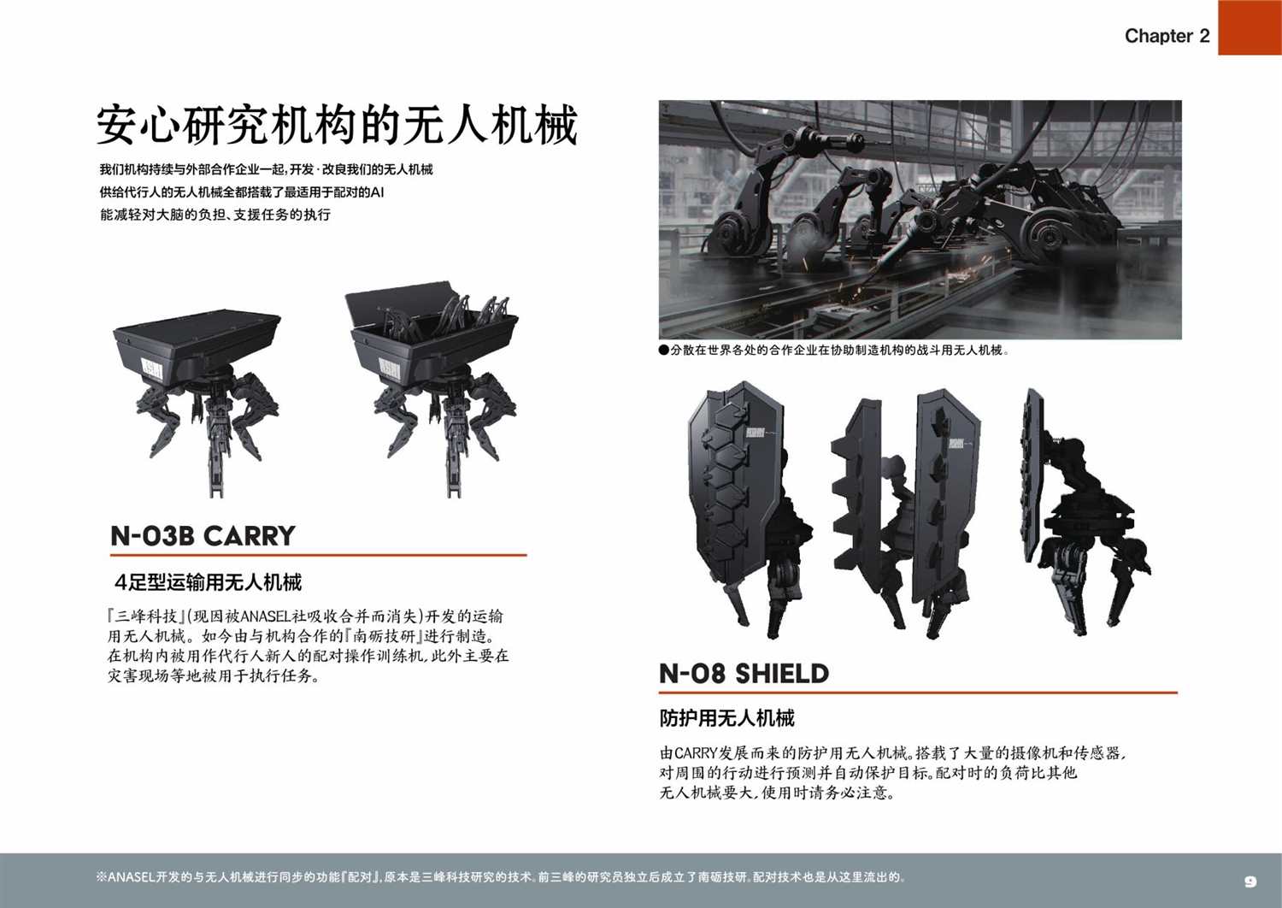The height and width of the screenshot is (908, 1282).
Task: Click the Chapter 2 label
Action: tap(1167, 36)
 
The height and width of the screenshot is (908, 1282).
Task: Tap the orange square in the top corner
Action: tap(1250, 27)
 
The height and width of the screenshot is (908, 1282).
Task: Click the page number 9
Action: tap(1250, 881)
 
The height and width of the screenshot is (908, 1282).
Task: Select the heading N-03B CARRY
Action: tap(203, 536)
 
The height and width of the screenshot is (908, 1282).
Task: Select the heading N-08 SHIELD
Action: tap(744, 673)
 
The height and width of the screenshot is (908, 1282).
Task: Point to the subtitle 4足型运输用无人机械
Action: tap(209, 582)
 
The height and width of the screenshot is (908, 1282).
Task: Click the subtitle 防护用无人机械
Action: tap(726, 718)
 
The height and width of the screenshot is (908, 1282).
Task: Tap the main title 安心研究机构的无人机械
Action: tap(337, 124)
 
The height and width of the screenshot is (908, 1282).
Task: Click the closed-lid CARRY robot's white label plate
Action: tap(151, 369)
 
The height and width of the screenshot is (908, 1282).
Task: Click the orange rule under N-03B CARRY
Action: tap(318, 555)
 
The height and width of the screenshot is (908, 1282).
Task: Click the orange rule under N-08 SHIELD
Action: tap(918, 693)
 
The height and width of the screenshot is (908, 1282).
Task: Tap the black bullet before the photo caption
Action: tap(664, 351)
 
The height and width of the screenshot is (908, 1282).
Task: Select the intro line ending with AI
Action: tap(242, 192)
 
